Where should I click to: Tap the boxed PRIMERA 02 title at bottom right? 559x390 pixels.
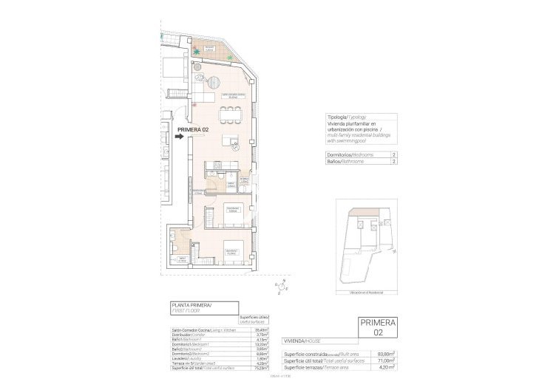(x=377, y=328)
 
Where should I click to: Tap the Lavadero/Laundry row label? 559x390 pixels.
(x=188, y=358)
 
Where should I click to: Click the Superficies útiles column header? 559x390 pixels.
(x=259, y=319)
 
